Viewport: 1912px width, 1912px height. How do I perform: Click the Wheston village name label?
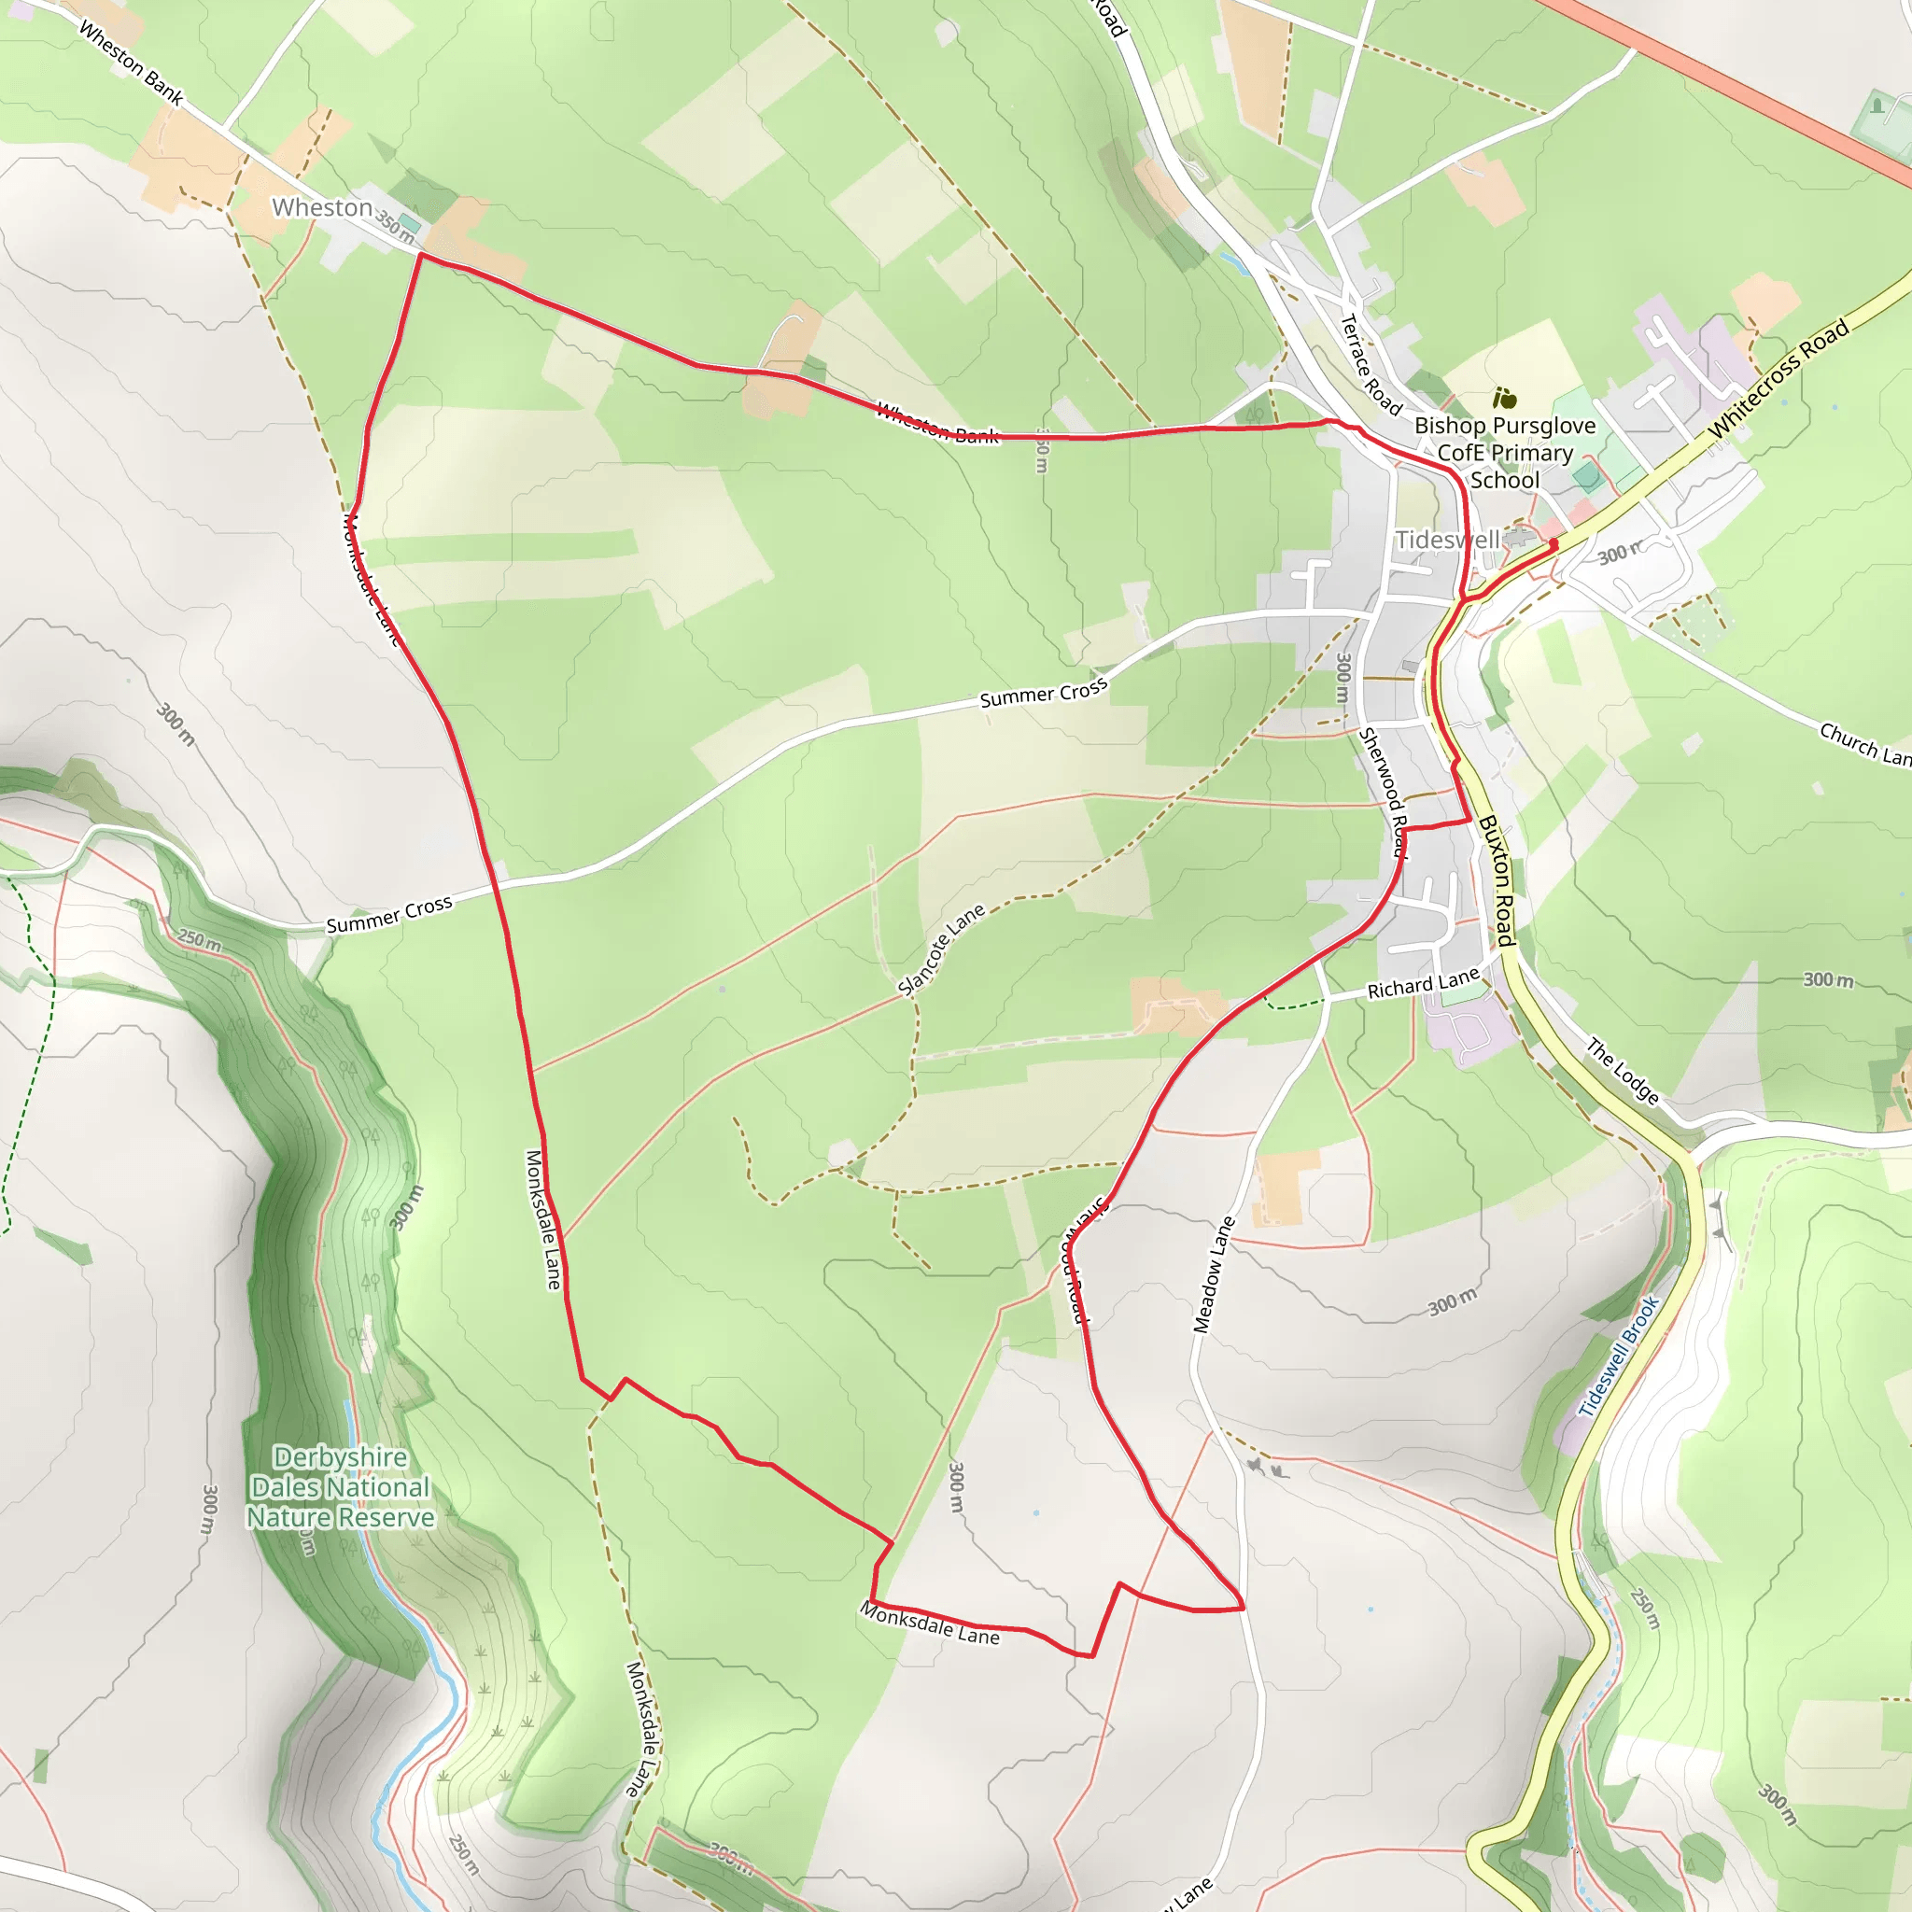click(x=322, y=208)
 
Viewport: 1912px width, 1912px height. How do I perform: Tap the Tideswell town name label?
click(x=1447, y=541)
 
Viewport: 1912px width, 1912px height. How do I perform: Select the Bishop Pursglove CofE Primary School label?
click(x=1504, y=452)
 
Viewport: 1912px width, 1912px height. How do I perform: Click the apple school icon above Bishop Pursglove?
click(x=1504, y=399)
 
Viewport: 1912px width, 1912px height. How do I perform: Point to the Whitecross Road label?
click(x=1778, y=378)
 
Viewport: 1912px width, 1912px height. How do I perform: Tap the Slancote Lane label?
click(x=941, y=949)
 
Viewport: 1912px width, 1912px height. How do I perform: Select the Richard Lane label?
click(x=1423, y=984)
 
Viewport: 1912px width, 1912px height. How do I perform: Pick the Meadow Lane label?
click(x=1214, y=1275)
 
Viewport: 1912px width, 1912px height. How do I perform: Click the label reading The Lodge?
click(x=1622, y=1070)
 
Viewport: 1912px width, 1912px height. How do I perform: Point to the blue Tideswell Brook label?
click(x=1618, y=1357)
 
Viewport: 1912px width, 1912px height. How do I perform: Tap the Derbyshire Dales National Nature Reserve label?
click(x=341, y=1487)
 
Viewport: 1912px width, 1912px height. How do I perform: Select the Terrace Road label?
click(x=1371, y=364)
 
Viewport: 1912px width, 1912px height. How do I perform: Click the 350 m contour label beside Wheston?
click(x=394, y=227)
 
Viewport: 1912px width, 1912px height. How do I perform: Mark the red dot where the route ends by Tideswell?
click(x=1553, y=543)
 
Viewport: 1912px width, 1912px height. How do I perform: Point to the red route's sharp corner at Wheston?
click(x=421, y=254)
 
